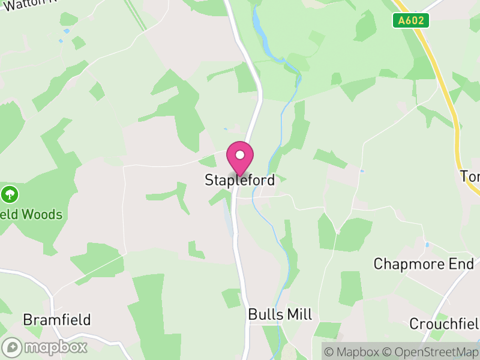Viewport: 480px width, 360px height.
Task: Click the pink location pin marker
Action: click(x=240, y=158)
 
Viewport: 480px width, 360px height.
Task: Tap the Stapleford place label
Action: click(x=239, y=180)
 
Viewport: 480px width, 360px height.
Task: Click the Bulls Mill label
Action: click(x=280, y=314)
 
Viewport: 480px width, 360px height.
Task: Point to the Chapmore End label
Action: click(x=424, y=264)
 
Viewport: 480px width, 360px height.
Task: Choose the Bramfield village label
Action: click(x=57, y=319)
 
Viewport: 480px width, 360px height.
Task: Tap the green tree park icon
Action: click(x=10, y=194)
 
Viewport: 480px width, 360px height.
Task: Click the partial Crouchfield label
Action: click(x=445, y=324)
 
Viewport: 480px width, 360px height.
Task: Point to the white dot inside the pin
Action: click(x=240, y=155)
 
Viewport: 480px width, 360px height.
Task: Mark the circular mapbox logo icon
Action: click(x=12, y=347)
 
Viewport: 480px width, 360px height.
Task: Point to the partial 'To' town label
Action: click(x=470, y=176)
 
